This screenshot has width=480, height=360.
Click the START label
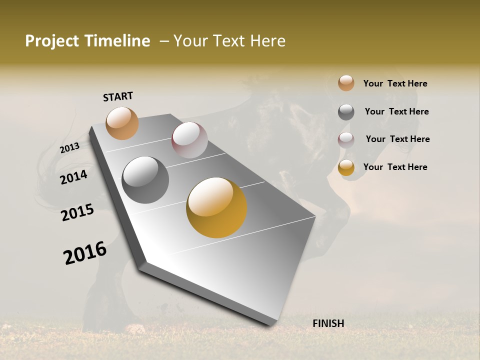click(x=118, y=96)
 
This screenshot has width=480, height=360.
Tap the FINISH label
click(x=328, y=323)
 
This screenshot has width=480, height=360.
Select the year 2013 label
click(x=69, y=148)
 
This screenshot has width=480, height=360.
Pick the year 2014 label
click(x=74, y=177)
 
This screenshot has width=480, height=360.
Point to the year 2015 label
click(x=77, y=212)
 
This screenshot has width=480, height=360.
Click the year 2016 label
click(x=85, y=253)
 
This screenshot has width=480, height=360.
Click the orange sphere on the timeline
click(x=122, y=123)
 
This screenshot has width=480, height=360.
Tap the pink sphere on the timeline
click(x=189, y=140)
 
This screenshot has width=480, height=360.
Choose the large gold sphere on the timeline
click(x=216, y=207)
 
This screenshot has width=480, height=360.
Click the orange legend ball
click(x=346, y=83)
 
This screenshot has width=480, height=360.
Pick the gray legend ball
click(x=346, y=112)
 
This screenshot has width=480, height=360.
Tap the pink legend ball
click(x=346, y=140)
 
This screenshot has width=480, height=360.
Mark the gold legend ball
click(x=346, y=168)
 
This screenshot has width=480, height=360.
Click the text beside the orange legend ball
click(x=395, y=83)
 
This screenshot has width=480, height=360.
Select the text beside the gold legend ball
click(x=395, y=167)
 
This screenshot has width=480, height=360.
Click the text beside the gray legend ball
click(x=396, y=111)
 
